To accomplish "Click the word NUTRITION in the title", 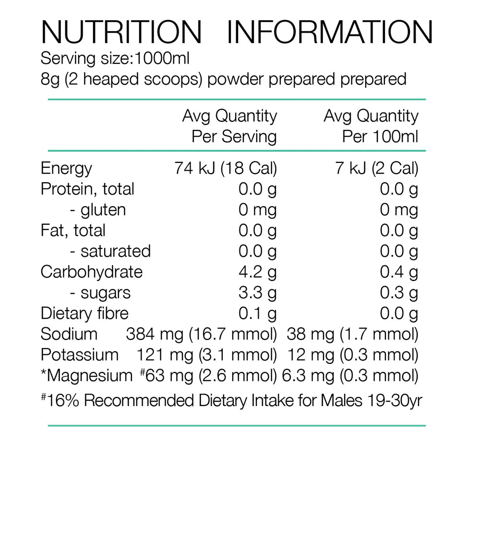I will [x=121, y=33].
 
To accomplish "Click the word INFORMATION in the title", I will [x=330, y=33].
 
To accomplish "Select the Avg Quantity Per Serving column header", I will [x=229, y=126].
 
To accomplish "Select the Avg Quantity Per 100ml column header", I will [x=371, y=126].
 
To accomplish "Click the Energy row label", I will [x=66, y=168].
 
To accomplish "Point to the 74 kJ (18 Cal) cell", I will [x=226, y=168].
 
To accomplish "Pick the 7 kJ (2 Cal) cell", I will [x=377, y=168].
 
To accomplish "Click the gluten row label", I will [x=98, y=210].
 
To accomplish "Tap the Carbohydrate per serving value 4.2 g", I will [x=258, y=272].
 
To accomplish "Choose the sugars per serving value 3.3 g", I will [x=258, y=292].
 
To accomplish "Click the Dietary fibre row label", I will [x=84, y=313].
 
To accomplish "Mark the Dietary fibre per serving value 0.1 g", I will [x=258, y=313].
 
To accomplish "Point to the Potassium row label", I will [x=80, y=355].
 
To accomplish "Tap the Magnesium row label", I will [x=86, y=376].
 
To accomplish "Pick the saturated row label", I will [x=110, y=251].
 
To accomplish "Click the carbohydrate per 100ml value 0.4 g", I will [x=399, y=272].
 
